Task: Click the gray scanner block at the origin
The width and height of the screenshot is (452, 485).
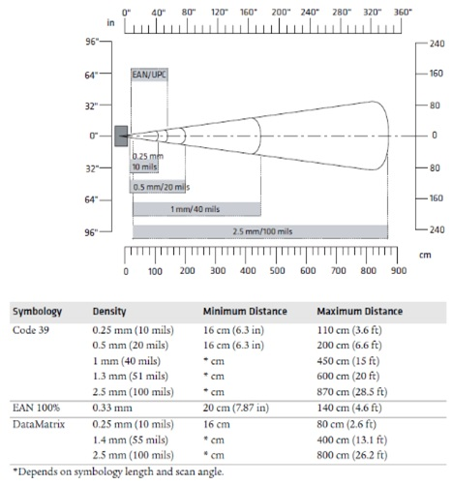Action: tap(121, 136)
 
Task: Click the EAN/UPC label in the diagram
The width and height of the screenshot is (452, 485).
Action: tap(148, 74)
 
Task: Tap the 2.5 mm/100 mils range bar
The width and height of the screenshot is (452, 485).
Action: tap(259, 231)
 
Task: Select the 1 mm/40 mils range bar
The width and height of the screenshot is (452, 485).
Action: tap(196, 209)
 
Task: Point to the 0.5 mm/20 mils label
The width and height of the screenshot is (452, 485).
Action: tap(161, 187)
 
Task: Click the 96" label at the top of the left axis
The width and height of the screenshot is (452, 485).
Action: tap(93, 44)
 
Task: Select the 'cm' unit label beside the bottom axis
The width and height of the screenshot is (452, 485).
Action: tap(422, 254)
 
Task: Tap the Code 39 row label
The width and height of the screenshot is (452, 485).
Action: tap(30, 330)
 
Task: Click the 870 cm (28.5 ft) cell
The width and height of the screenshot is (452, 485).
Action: tap(352, 391)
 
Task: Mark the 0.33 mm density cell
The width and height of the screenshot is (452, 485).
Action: tap(113, 408)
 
